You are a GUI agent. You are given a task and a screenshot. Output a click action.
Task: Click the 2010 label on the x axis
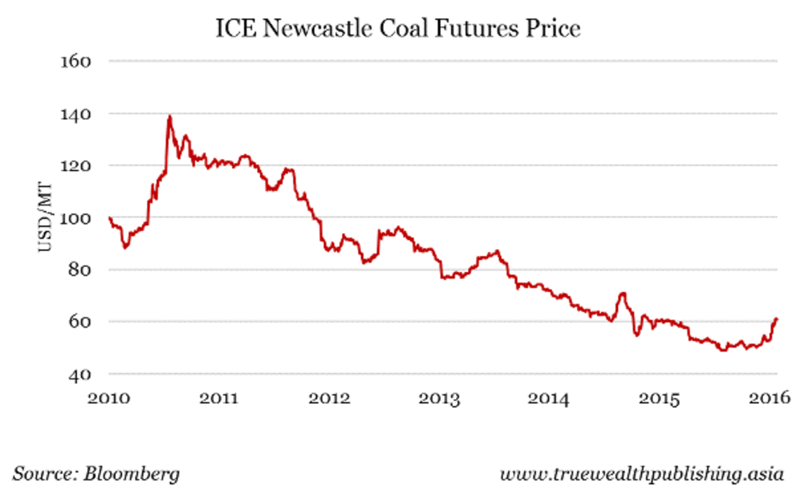(x=108, y=398)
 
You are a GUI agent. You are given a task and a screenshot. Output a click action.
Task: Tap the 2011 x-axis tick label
(x=219, y=398)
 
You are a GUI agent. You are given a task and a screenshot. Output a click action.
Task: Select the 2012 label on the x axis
(x=330, y=398)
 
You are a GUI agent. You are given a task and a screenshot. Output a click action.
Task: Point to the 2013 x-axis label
(x=442, y=398)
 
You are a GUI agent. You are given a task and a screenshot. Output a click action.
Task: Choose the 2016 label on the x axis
(x=773, y=398)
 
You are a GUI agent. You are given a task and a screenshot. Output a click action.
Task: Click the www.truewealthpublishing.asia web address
(x=641, y=474)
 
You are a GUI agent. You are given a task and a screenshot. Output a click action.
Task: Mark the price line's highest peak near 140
(x=170, y=117)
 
